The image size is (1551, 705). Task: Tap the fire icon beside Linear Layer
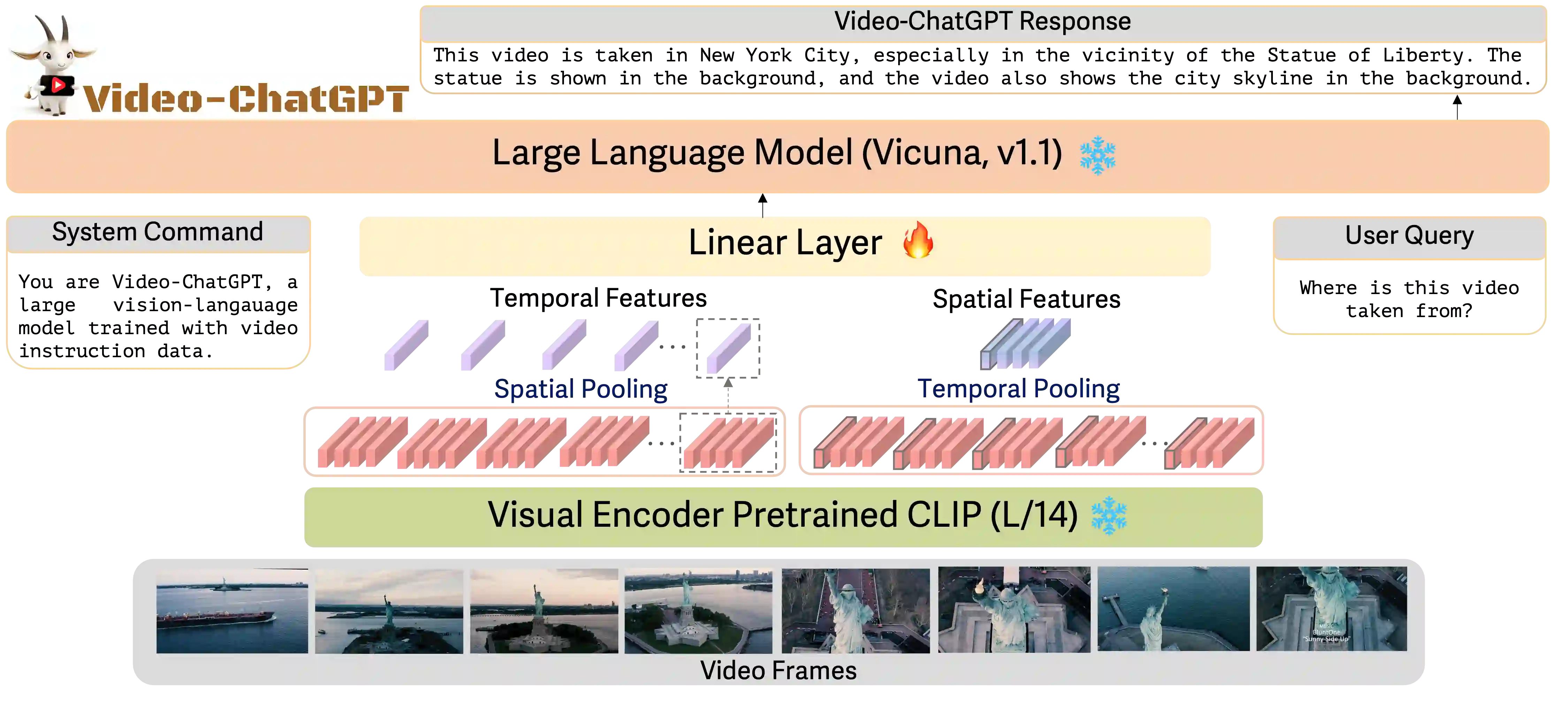coord(918,240)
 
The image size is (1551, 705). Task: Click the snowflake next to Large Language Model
coord(1097,155)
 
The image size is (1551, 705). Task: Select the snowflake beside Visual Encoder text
coord(1108,516)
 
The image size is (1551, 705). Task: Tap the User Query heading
coord(1409,235)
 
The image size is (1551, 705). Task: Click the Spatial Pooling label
coord(580,389)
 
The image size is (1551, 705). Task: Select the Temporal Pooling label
coord(1019,389)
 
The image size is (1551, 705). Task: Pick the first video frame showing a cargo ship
coord(232,610)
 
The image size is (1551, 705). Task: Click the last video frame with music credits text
coord(1331,609)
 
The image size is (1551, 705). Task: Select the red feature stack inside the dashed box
coord(728,443)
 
